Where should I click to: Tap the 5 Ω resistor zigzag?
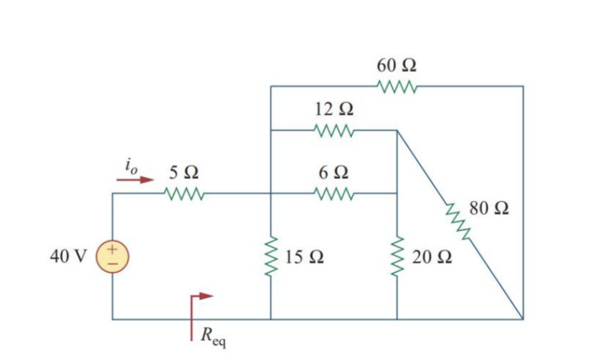point(183,193)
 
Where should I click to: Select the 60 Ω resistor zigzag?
point(397,87)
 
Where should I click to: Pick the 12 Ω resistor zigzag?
point(334,130)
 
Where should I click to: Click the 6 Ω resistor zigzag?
point(334,193)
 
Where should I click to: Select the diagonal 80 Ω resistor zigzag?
point(457,222)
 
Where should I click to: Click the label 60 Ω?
point(397,66)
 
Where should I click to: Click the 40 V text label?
point(68,255)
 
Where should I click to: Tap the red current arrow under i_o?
point(134,180)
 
